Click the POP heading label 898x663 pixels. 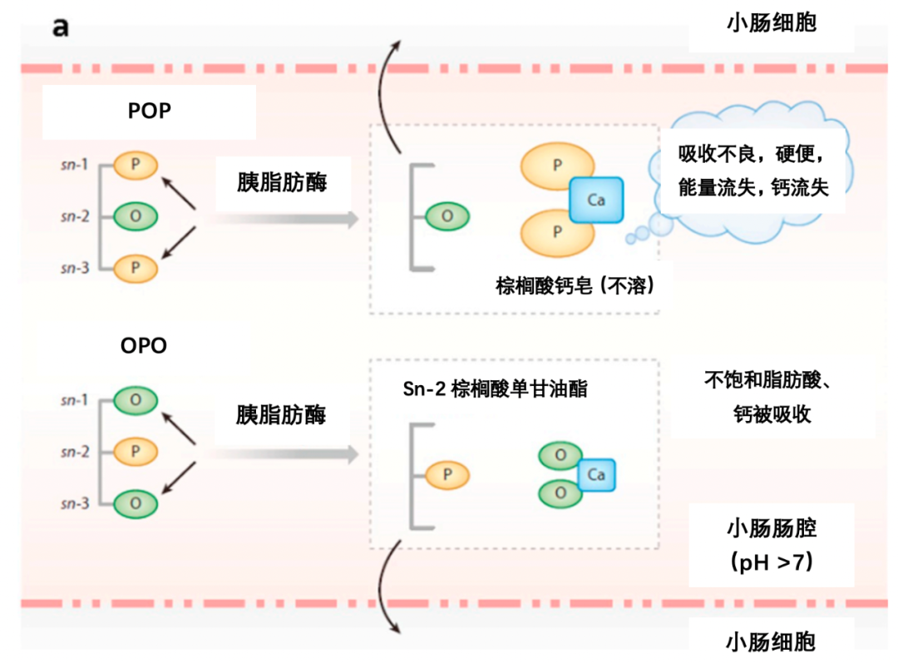pyautogui.click(x=150, y=111)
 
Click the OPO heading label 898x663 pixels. pyautogui.click(x=144, y=344)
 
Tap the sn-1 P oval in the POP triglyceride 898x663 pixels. pyautogui.click(x=135, y=165)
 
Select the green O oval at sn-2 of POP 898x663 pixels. pyautogui.click(x=135, y=216)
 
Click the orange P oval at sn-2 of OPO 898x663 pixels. pyautogui.click(x=135, y=452)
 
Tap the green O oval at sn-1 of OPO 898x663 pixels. pyautogui.click(x=135, y=400)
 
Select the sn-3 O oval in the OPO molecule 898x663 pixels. pyautogui.click(x=135, y=502)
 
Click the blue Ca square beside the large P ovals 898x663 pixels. pyautogui.click(x=596, y=200)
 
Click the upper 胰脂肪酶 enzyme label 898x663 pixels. pyautogui.click(x=281, y=182)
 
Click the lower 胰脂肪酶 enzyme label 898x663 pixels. pyautogui.click(x=281, y=414)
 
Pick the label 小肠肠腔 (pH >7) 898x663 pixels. pyautogui.click(x=771, y=545)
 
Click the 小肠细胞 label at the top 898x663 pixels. pyautogui.click(x=771, y=22)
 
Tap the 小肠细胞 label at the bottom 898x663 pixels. pyautogui.click(x=771, y=641)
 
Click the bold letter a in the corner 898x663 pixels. pyautogui.click(x=61, y=27)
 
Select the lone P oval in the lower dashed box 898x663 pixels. pyautogui.click(x=447, y=475)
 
